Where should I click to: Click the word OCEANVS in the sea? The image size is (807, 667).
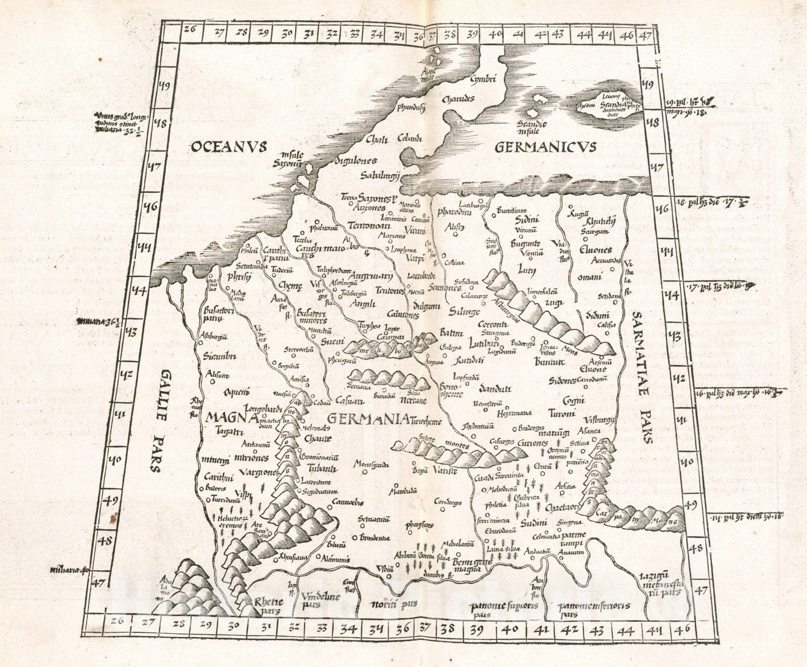pyautogui.click(x=228, y=147)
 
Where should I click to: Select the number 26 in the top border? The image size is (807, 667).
pyautogui.click(x=190, y=29)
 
